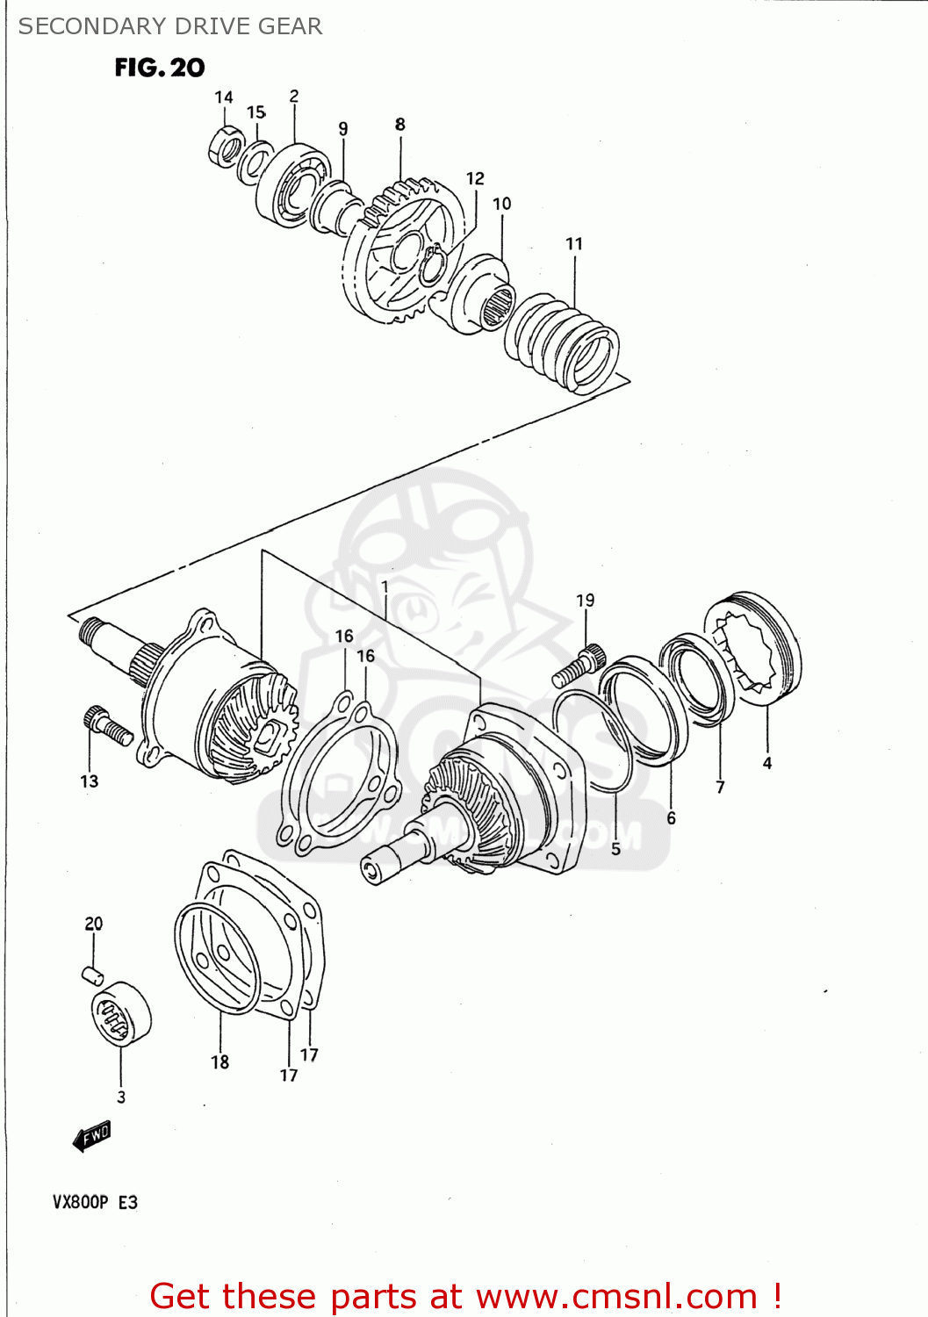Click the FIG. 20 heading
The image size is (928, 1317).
pos(159,68)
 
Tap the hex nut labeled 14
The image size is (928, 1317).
pos(226,146)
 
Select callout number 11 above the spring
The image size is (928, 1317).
pos(574,244)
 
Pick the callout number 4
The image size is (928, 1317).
pos(767,763)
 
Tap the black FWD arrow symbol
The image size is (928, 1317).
pos(91,1135)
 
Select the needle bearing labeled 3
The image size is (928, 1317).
pos(120,1014)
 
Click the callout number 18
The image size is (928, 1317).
pos(219,1062)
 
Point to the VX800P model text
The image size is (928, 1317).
pos(80,1202)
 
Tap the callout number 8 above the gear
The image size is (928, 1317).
pos(400,125)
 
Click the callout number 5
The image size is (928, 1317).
pos(615,849)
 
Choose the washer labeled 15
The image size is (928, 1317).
pos(255,162)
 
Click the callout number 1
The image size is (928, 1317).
pos(385,586)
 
